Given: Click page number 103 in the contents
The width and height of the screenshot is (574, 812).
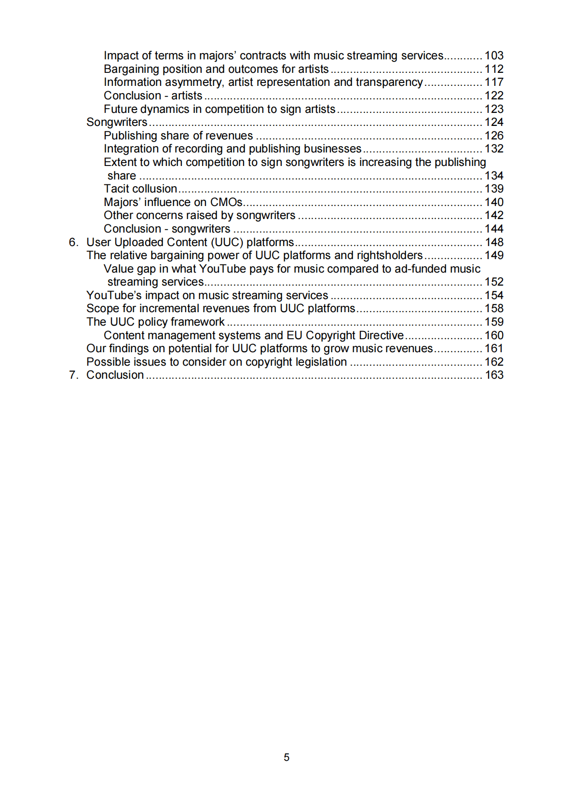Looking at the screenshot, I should click(493, 56).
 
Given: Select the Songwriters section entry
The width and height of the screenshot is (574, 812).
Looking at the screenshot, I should click(117, 123).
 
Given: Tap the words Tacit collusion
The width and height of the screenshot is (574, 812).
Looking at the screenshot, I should click(140, 189).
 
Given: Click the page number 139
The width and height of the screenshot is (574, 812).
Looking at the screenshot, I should click(493, 189).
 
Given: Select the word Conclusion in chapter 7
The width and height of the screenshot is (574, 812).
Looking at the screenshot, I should click(115, 375).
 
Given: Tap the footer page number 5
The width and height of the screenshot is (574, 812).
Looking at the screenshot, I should click(287, 757).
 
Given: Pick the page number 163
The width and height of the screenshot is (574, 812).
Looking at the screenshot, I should click(493, 375).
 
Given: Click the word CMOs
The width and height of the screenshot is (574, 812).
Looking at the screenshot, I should click(226, 202).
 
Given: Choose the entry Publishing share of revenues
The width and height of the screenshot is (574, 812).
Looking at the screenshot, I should click(178, 136).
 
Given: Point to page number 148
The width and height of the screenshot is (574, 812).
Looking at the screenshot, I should click(493, 242).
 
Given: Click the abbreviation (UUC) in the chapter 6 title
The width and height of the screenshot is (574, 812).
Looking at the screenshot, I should click(227, 242).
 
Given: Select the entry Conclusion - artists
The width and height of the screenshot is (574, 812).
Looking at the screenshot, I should click(153, 96).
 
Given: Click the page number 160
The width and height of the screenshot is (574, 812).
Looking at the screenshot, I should click(493, 335).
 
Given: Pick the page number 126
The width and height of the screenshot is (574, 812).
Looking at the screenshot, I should click(493, 136).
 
